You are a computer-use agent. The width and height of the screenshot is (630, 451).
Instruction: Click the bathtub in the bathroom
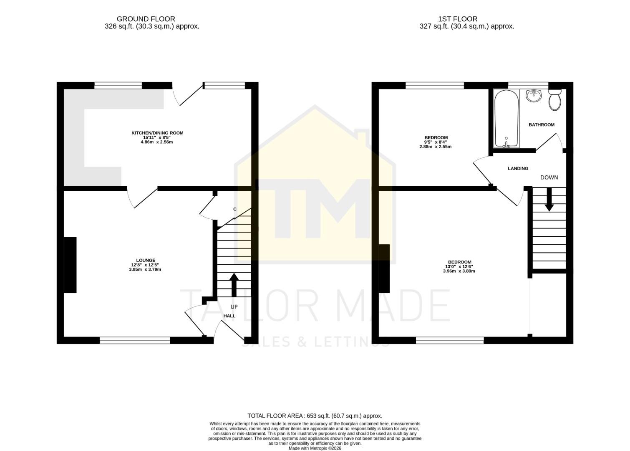pyautogui.click(x=507, y=119)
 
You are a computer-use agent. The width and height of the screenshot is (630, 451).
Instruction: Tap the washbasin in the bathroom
pyautogui.click(x=534, y=96)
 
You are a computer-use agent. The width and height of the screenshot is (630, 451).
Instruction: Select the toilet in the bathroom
pyautogui.click(x=555, y=99)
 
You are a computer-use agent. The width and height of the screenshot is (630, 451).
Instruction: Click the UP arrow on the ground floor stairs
pyautogui.click(x=234, y=284)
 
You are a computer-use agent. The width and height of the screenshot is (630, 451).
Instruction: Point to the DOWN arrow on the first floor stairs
pyautogui.click(x=549, y=199)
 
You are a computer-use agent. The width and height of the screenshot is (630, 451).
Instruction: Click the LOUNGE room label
pyautogui.click(x=145, y=260)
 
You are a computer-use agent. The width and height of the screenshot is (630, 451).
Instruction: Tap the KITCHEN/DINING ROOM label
pyautogui.click(x=157, y=133)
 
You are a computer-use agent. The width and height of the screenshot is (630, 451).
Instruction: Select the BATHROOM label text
pyautogui.click(x=542, y=124)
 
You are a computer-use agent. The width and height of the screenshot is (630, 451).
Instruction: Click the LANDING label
pyautogui.click(x=518, y=168)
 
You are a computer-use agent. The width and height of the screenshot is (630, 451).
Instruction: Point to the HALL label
pyautogui.click(x=229, y=316)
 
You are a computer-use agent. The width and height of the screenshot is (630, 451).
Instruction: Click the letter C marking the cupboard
pyautogui.click(x=235, y=209)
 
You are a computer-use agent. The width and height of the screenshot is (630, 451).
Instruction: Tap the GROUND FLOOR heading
pyautogui.click(x=146, y=19)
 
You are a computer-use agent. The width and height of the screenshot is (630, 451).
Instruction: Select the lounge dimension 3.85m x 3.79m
pyautogui.click(x=145, y=269)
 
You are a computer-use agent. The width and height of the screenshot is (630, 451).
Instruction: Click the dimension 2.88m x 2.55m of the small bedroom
pyautogui.click(x=436, y=147)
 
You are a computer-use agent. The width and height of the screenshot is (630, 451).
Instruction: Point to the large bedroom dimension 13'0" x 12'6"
pyautogui.click(x=459, y=266)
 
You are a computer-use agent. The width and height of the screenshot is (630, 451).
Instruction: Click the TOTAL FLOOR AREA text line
pyautogui.click(x=315, y=416)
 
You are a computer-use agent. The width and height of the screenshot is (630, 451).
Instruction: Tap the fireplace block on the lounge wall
pyautogui.click(x=70, y=265)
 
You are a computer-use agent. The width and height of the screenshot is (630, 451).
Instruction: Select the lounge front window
pyautogui.click(x=135, y=340)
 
